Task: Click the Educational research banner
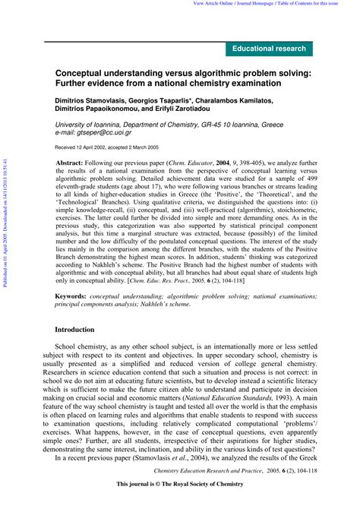[x=270, y=49]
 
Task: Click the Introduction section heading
[x=74, y=351]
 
